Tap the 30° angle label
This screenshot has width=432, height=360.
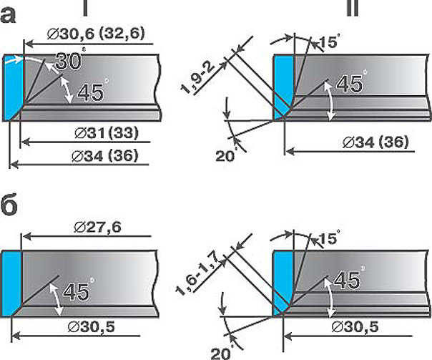pos(69,60)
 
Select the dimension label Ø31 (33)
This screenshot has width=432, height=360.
pos(107,133)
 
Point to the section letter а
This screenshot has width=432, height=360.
pos(8,16)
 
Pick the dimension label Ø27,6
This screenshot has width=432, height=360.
pos(97,228)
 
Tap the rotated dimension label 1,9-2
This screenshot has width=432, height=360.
pos(197,78)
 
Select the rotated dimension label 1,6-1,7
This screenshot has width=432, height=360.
pos(197,273)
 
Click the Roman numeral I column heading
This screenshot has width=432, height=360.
pos(85,8)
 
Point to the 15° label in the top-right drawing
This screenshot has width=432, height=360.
pos(329,42)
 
